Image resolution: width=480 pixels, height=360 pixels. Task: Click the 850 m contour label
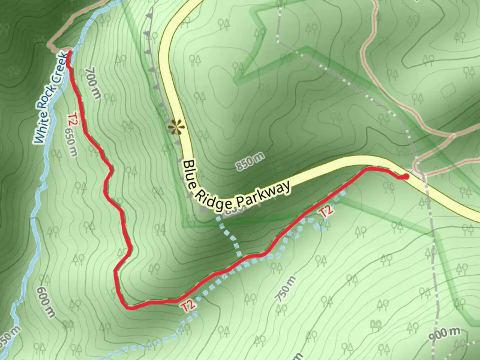pos(250,161)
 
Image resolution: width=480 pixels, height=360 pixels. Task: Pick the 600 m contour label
pos(46,302)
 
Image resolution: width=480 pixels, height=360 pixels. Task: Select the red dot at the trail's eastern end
pos(406,176)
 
